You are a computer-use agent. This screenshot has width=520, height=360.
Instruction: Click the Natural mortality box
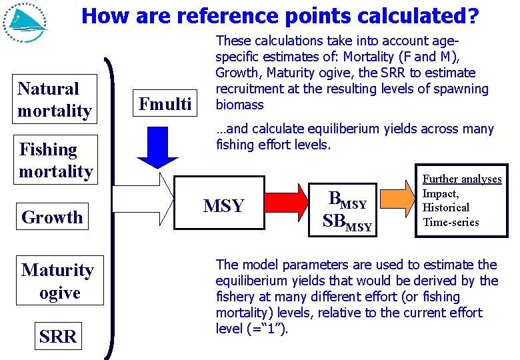tap(55, 99)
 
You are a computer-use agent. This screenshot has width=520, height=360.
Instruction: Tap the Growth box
tap(52, 217)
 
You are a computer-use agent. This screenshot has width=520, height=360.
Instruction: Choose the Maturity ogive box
tap(58, 281)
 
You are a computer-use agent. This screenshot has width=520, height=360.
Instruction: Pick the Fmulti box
tap(165, 104)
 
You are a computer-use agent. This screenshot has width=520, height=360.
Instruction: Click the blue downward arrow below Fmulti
tap(157, 147)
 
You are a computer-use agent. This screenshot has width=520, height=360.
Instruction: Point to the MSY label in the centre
tap(223, 206)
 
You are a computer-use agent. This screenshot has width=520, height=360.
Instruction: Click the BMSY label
tap(347, 199)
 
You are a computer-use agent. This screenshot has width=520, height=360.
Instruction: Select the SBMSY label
tap(347, 222)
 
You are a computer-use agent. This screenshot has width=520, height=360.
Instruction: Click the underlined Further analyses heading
tap(462, 179)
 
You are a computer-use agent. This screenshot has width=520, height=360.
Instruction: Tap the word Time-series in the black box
tap(451, 222)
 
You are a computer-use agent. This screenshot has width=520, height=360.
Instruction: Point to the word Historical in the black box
tap(446, 207)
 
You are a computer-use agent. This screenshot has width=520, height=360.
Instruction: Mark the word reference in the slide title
tap(216, 15)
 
